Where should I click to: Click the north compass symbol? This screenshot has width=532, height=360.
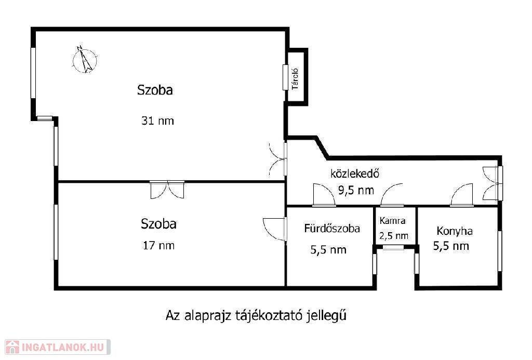(85, 60)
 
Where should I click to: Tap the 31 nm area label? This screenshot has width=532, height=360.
(157, 121)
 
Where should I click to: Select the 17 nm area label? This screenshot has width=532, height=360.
(158, 245)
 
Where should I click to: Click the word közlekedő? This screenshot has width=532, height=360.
(354, 174)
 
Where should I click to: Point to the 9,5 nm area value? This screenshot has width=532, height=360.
(356, 190)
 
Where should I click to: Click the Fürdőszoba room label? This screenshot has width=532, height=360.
(332, 229)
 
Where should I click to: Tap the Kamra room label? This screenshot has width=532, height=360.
(393, 221)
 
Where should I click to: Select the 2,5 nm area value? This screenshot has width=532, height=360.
(394, 236)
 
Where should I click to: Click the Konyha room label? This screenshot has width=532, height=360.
(454, 231)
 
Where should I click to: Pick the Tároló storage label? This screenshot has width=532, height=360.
(295, 79)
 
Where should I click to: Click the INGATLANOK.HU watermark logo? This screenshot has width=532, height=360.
(58, 347)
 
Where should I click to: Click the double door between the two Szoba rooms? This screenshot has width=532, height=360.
(167, 190)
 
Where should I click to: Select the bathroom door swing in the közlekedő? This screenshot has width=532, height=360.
(324, 195)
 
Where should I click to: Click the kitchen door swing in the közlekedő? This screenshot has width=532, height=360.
(461, 195)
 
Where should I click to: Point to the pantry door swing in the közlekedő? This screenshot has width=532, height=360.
(392, 195)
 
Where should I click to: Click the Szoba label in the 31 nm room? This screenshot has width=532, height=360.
(155, 90)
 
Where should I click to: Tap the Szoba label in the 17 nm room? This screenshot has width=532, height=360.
(158, 224)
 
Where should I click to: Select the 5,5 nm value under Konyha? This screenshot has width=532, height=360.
(451, 246)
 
